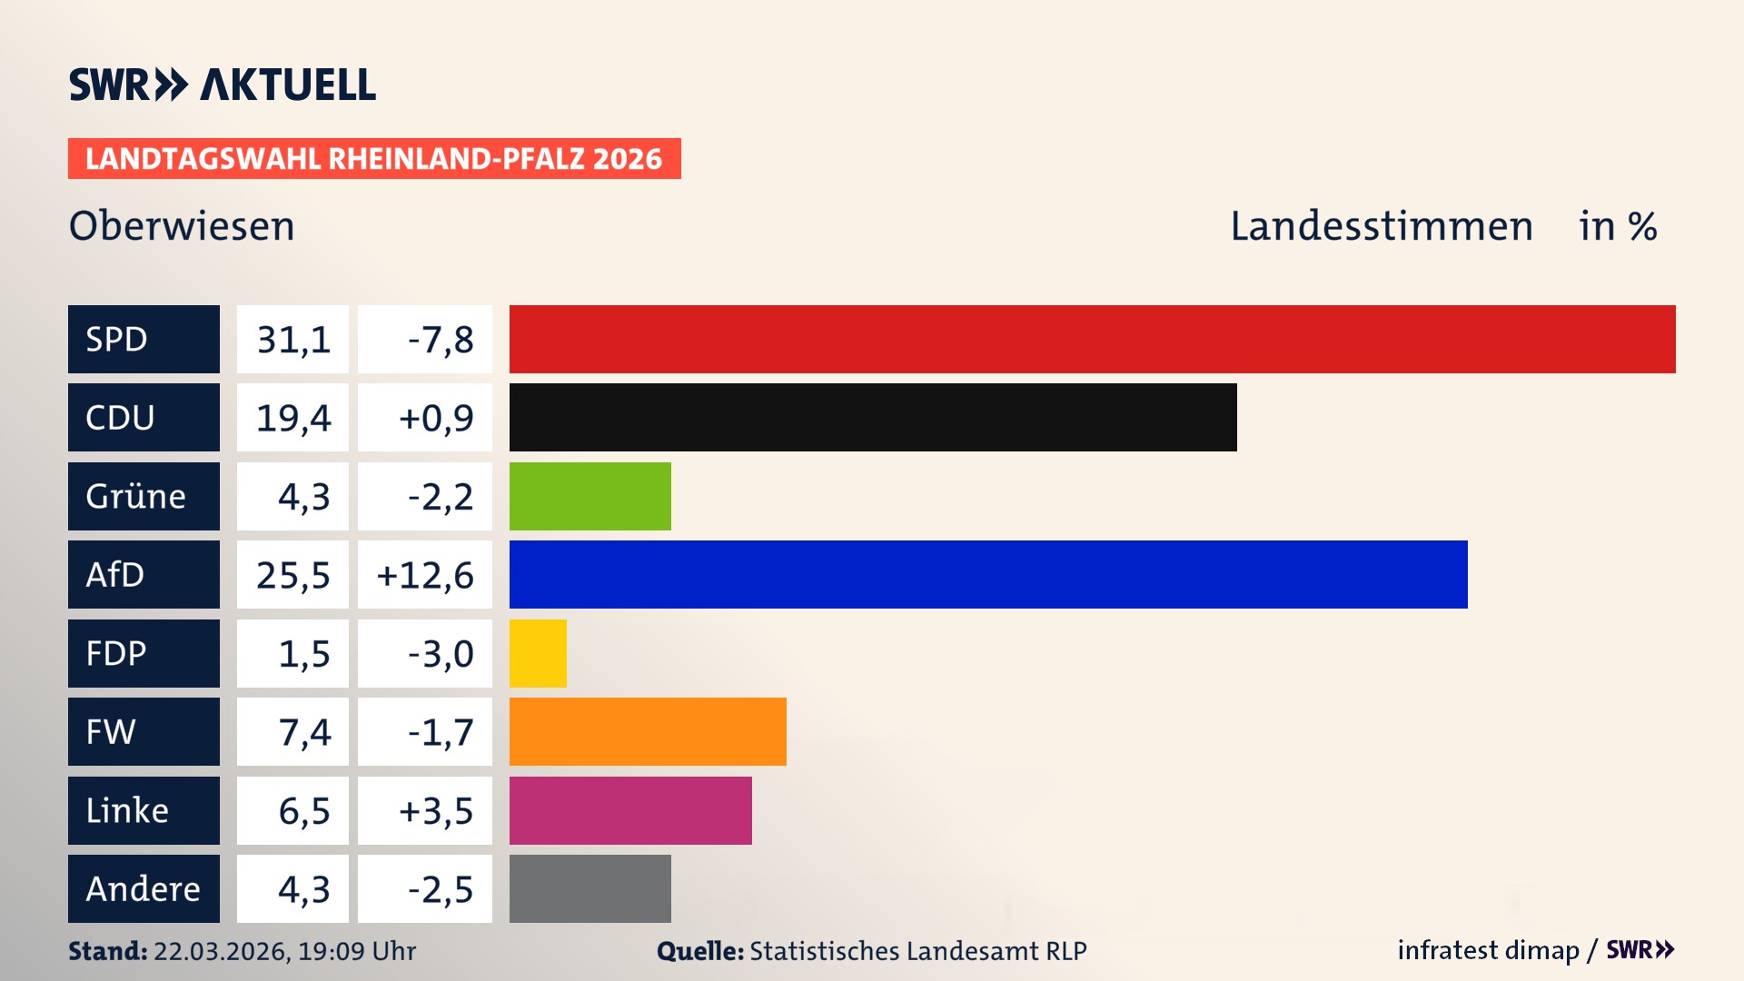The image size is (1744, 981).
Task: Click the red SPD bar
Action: coord(1092,339)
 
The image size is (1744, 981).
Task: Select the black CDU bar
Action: coord(872,417)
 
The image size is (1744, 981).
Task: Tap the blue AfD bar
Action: coord(987,574)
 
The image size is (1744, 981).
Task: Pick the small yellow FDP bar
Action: coord(538,653)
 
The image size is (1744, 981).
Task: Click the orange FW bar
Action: coord(647,731)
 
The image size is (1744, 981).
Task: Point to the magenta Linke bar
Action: coord(629,810)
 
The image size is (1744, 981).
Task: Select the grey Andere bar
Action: coord(590,888)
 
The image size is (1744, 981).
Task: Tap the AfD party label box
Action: coord(144,574)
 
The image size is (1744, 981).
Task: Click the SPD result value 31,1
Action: coord(292,340)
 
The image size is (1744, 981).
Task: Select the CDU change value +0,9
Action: coord(435,418)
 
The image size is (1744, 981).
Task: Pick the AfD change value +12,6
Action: coord(425,575)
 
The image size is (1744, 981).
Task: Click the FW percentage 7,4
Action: coord(303,732)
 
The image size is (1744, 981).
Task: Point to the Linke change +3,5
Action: coord(435,810)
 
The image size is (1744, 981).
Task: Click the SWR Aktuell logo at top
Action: coord(222,84)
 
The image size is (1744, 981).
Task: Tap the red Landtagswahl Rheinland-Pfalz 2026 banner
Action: coord(373,159)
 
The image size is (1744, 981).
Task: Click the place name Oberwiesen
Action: coord(182,226)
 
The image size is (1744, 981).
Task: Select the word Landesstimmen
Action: coord(1381,226)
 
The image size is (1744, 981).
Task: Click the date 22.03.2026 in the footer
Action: coord(221,951)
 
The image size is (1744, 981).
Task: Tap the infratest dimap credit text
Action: coord(1487,950)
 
